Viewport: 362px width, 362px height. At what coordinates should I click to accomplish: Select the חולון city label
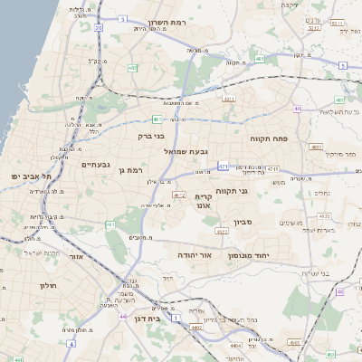point(48,286)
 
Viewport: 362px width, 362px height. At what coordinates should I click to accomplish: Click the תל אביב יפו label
point(28,175)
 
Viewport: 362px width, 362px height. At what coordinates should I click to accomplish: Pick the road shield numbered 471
point(224,167)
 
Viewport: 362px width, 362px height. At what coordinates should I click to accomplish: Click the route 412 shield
point(179,195)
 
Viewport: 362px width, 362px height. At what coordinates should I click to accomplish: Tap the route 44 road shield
point(122,318)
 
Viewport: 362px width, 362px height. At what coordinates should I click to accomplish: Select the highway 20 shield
point(98,28)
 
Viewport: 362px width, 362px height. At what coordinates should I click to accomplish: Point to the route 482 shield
point(133,67)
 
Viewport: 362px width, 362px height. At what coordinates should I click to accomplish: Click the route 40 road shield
point(297,110)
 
